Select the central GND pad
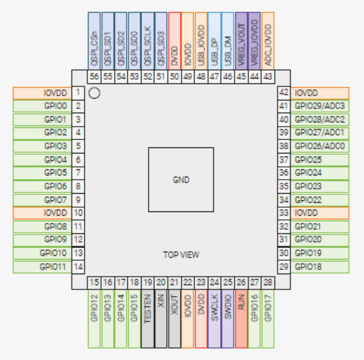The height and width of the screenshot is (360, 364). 181,180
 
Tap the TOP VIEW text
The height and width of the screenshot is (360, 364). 181,255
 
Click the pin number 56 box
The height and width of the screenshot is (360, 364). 95,77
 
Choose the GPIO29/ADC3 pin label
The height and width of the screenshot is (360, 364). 319,106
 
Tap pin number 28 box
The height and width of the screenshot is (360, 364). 268,283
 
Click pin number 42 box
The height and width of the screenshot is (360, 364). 284,93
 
